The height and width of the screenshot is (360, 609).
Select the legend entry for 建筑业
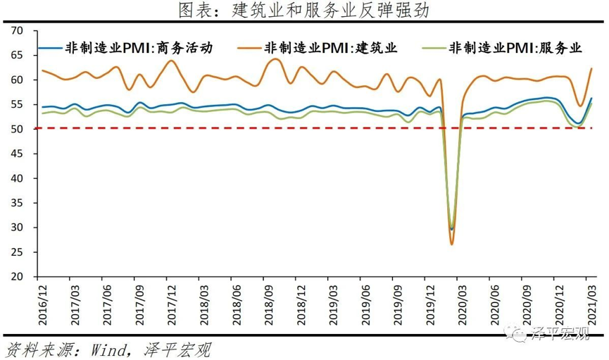pos(331,48)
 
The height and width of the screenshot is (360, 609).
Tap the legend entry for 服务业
pos(515,48)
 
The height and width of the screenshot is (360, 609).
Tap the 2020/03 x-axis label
pos(461,304)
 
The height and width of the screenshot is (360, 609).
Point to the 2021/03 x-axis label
pos(592,304)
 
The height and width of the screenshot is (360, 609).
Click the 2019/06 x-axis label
pos(364,304)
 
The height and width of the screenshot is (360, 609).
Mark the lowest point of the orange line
pos(452,244)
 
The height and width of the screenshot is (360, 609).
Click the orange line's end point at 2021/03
pos(591,68)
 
